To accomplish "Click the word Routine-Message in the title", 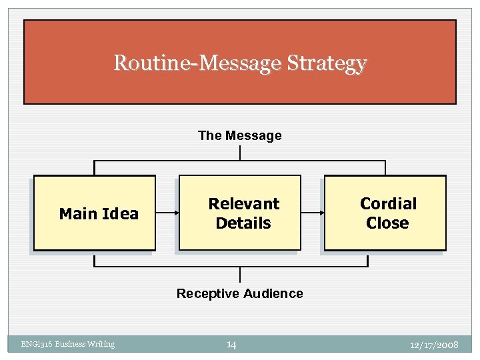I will (x=197, y=63).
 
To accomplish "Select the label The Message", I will (x=239, y=135).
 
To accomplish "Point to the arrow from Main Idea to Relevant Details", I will (x=167, y=213).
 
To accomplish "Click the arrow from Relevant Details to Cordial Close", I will (x=312, y=213).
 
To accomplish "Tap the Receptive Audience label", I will (x=239, y=293).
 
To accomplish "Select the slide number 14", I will (x=231, y=344).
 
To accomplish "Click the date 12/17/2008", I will (x=435, y=344).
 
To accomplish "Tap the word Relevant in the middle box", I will (x=244, y=203).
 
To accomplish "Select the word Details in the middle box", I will (x=243, y=223).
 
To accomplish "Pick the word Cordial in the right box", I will (x=388, y=203).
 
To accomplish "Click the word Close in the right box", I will (x=387, y=223).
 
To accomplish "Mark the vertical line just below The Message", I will (x=240, y=153).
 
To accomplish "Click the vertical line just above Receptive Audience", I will (x=240, y=275).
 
